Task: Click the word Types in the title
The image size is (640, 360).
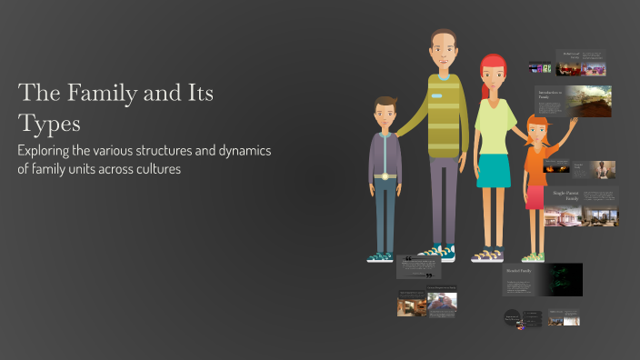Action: [x=50, y=123]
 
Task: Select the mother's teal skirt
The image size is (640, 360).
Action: [x=495, y=170]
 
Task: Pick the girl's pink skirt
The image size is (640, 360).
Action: [x=535, y=195]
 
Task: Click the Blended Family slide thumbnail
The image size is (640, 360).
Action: [x=542, y=278]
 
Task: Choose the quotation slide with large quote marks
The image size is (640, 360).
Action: [x=419, y=266]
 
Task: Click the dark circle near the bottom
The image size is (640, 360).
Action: [x=513, y=318]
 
